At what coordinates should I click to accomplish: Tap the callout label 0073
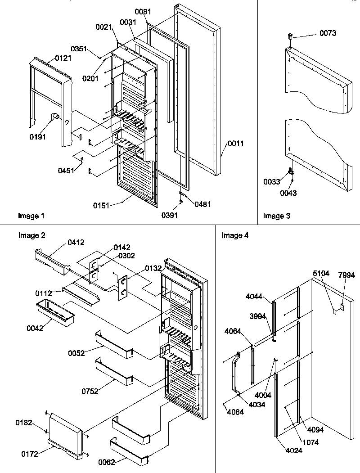coord(328,33)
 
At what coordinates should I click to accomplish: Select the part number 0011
coord(235,144)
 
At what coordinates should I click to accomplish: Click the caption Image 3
coord(277,216)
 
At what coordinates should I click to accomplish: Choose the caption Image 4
coord(235,235)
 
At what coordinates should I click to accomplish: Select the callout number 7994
coord(347,275)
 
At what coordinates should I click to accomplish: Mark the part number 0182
coord(24,422)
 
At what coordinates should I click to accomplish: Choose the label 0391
coord(170,215)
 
